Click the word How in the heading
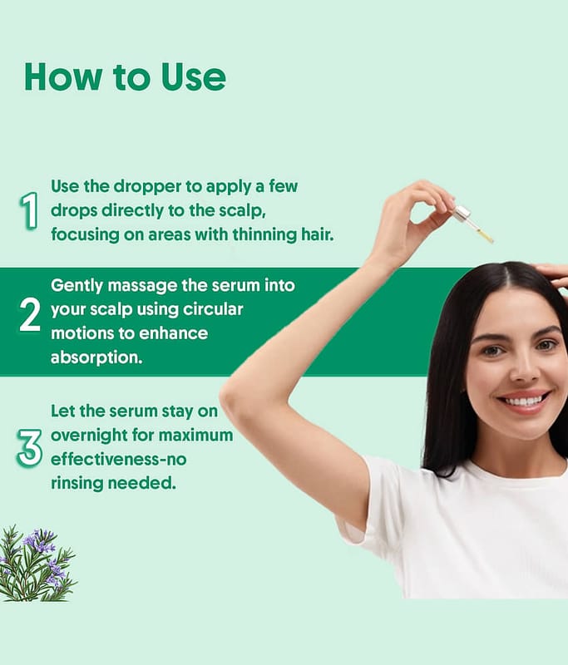[x=63, y=76]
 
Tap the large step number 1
[x=29, y=210]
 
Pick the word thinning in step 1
[x=264, y=234]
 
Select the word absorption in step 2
[x=96, y=357]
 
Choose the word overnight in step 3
[x=88, y=436]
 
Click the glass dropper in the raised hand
[x=474, y=224]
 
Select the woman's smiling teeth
[x=523, y=400]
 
